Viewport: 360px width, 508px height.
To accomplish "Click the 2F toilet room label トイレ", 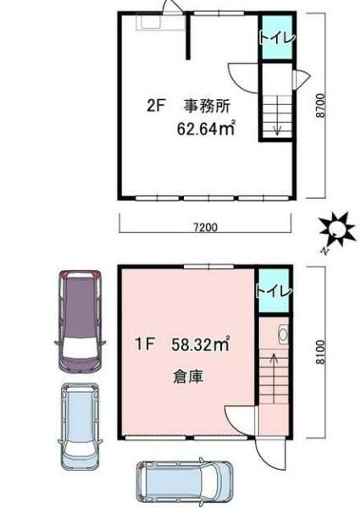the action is (x=277, y=38).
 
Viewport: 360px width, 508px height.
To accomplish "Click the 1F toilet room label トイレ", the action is (x=274, y=290).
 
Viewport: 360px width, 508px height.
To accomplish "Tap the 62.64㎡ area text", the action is (x=206, y=129).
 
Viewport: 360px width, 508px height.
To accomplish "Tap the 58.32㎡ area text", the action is (x=201, y=344).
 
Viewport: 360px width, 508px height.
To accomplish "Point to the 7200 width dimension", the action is (x=206, y=228).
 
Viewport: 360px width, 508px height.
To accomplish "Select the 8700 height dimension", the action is (x=320, y=106).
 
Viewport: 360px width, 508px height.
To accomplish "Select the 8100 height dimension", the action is (x=320, y=352).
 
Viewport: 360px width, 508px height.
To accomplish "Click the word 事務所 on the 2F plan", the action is (x=208, y=107).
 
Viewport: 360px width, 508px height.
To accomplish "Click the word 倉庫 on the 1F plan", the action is (x=188, y=377).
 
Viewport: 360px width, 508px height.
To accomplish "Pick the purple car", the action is (x=80, y=321).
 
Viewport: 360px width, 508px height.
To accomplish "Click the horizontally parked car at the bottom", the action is (x=185, y=482).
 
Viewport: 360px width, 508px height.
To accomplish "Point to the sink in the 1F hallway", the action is (x=283, y=334).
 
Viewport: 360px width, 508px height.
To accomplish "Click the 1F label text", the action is (x=144, y=344).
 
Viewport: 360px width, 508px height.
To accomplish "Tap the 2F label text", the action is (x=157, y=106).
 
